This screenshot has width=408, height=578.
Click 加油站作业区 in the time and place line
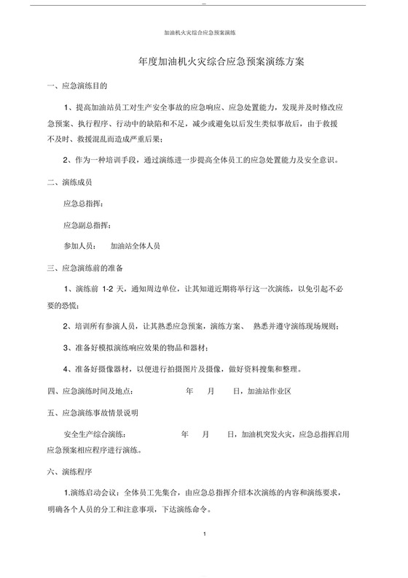(270, 390)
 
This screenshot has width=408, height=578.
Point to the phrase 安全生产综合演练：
(98, 433)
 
